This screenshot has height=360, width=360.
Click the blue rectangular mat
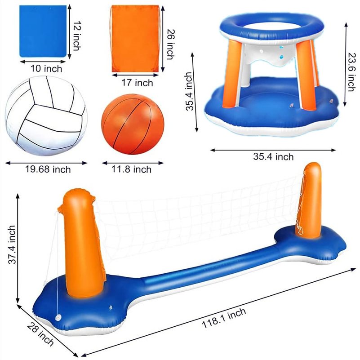[43, 31]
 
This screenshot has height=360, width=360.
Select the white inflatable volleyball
[46, 116]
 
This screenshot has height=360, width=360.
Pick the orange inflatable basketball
[133, 124]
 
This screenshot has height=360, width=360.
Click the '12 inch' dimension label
[77, 36]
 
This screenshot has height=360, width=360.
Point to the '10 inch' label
[46, 68]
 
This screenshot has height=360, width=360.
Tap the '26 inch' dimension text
[170, 44]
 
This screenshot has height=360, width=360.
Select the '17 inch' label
[137, 83]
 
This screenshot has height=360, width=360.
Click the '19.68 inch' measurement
[48, 169]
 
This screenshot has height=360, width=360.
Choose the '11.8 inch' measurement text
[131, 169]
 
